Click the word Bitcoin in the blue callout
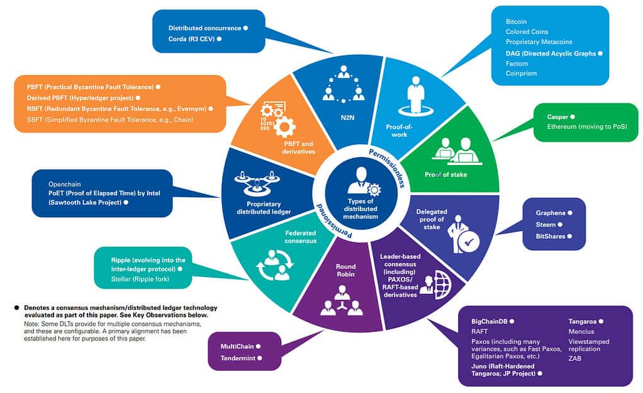[x=516, y=21]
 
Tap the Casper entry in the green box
[x=557, y=117]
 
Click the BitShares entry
[x=551, y=236]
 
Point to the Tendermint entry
[x=238, y=358]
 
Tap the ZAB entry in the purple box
[x=575, y=358]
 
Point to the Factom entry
[x=517, y=64]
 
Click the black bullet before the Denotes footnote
[x=17, y=308]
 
